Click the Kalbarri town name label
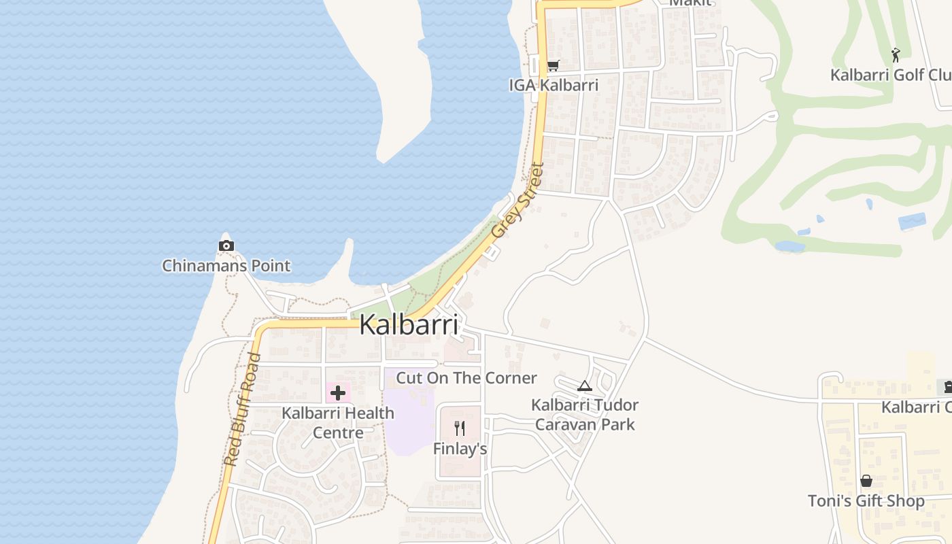(x=408, y=325)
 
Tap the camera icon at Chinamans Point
(x=226, y=245)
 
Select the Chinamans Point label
(x=226, y=265)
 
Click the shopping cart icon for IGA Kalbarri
(x=554, y=66)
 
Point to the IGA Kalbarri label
(x=554, y=85)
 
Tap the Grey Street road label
(x=518, y=200)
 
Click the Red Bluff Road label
(x=242, y=409)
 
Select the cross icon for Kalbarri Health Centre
(x=338, y=392)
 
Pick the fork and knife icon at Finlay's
(x=460, y=428)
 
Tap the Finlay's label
(x=460, y=449)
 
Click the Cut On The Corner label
(x=466, y=378)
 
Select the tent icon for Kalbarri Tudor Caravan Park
(x=584, y=386)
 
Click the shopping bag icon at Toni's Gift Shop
(x=866, y=481)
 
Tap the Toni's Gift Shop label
(x=866, y=501)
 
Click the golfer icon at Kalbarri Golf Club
(x=896, y=54)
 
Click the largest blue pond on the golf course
(x=912, y=222)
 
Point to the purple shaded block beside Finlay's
(x=408, y=422)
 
